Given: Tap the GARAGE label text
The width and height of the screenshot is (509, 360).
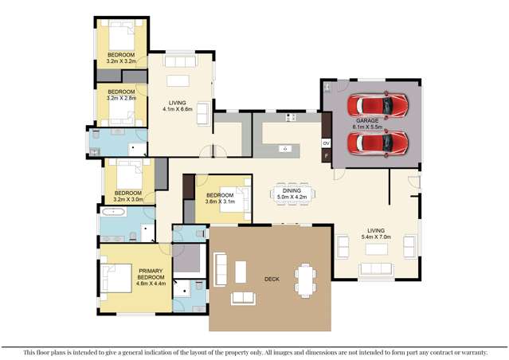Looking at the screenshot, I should click(x=367, y=120).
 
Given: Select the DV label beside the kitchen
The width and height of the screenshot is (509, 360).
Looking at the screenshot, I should click(x=326, y=143).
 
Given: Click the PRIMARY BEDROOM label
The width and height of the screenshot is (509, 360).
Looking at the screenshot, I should click(x=150, y=275).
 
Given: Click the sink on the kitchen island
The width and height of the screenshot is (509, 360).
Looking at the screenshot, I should click(x=284, y=148).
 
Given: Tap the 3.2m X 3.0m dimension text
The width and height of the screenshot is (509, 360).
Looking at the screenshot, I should click(x=127, y=200).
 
